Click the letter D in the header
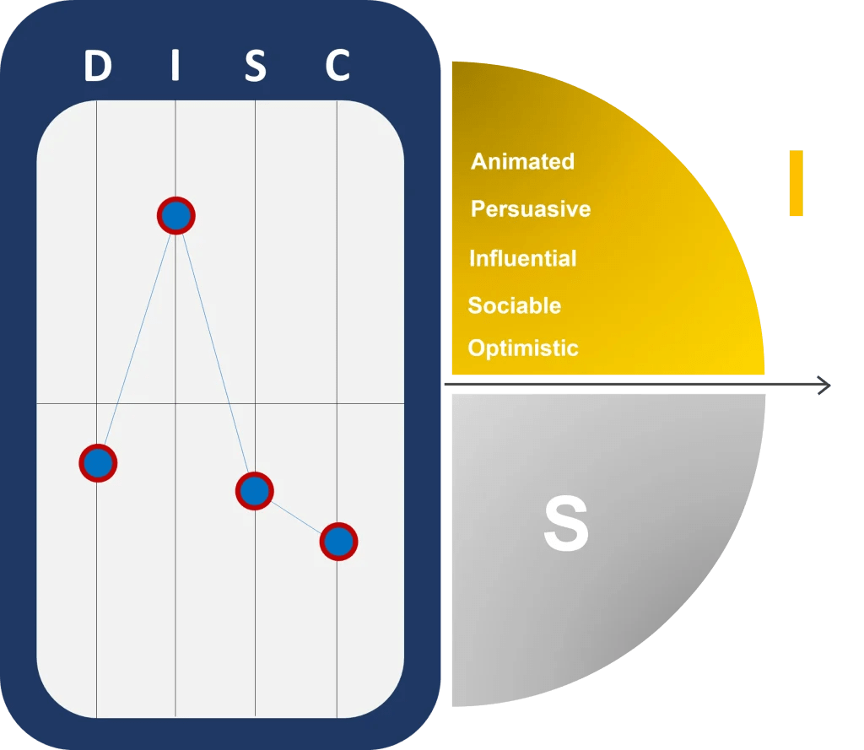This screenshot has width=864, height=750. [x=98, y=66]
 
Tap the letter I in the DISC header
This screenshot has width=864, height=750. [x=175, y=66]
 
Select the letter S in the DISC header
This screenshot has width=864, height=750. [x=255, y=66]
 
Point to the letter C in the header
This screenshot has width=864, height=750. [x=337, y=66]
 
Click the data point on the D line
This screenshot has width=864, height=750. [x=98, y=462]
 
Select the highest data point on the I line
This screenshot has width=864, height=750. [x=175, y=216]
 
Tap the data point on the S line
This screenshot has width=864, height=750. [x=254, y=490]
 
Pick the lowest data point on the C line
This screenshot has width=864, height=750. [x=338, y=542]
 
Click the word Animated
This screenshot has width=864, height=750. [x=522, y=161]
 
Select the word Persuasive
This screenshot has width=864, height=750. [x=531, y=208]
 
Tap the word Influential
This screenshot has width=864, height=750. [x=522, y=258]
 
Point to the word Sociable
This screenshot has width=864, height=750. [x=514, y=305]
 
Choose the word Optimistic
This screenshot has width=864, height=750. [x=523, y=348]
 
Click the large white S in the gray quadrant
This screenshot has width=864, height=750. [x=565, y=525]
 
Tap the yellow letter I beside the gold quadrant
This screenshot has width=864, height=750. [x=796, y=183]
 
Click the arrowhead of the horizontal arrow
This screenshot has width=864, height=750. [x=825, y=386]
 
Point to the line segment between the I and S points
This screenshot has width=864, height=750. [x=215, y=353]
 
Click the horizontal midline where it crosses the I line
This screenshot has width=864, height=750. [x=175, y=404]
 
